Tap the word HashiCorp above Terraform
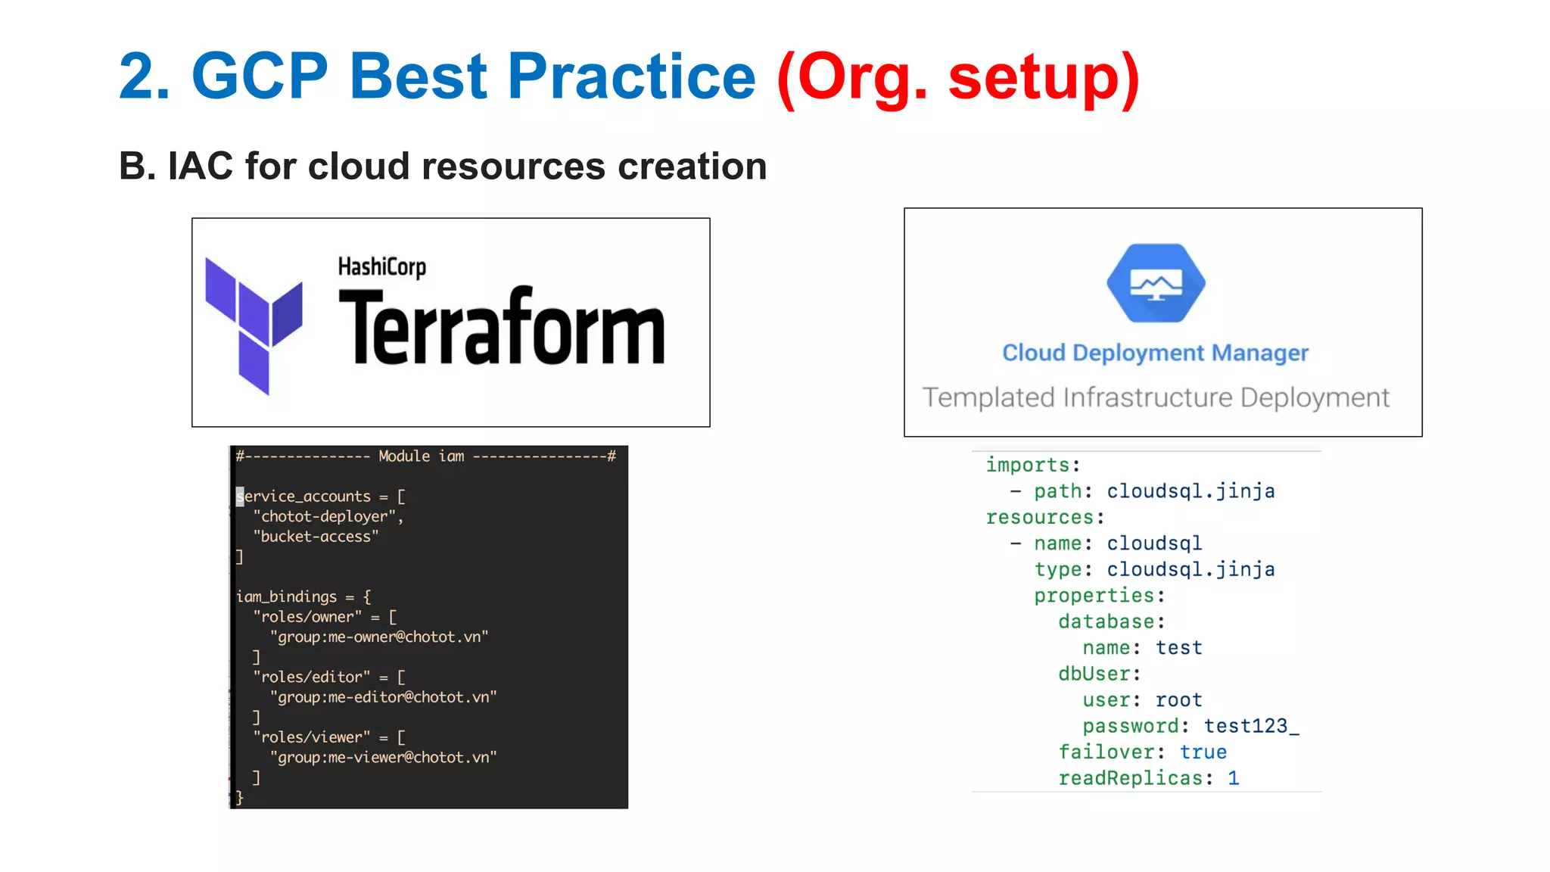click(381, 267)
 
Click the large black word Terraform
click(501, 328)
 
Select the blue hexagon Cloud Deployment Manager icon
click(1156, 283)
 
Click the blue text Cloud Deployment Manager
click(1155, 353)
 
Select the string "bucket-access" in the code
click(316, 537)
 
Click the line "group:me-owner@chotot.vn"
click(379, 637)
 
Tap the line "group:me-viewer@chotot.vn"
click(384, 757)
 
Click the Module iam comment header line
click(425, 456)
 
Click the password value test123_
click(1251, 726)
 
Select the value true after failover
click(1203, 752)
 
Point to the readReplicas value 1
click(1233, 778)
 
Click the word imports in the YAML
click(1028, 465)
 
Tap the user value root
click(1178, 700)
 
